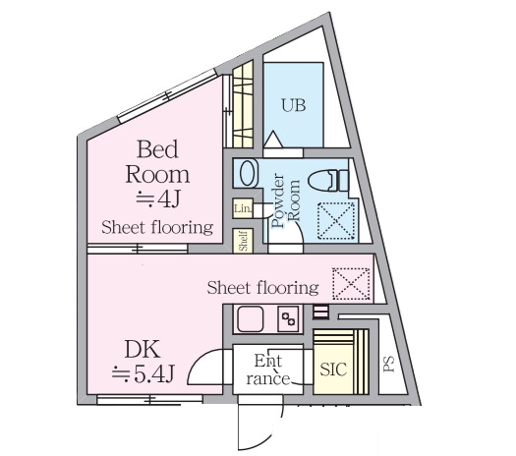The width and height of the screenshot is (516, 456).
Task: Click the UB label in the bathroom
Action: [294, 105]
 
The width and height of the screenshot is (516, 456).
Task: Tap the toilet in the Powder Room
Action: [328, 180]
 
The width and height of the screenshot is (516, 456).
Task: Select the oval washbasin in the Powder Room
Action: [248, 173]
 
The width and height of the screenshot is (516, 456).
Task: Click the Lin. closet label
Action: [243, 208]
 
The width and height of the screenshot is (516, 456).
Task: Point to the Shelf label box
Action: [243, 241]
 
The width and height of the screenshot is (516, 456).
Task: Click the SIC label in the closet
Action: [333, 370]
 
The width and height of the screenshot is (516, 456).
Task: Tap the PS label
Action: [389, 365]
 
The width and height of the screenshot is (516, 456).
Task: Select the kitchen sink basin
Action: [251, 319]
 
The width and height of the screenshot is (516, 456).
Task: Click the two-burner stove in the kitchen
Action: [288, 319]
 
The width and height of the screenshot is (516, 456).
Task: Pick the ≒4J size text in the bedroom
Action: [158, 199]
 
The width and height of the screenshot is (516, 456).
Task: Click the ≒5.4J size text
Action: [143, 373]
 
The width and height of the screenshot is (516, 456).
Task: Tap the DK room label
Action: [143, 350]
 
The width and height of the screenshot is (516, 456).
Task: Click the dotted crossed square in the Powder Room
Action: [336, 220]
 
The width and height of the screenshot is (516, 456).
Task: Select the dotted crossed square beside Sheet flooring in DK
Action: [351, 284]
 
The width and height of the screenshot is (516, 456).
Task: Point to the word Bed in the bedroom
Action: [157, 149]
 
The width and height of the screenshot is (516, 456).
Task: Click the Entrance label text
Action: [268, 370]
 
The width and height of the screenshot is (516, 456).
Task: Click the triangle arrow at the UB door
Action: [273, 140]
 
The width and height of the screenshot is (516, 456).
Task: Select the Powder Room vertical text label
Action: [286, 200]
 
